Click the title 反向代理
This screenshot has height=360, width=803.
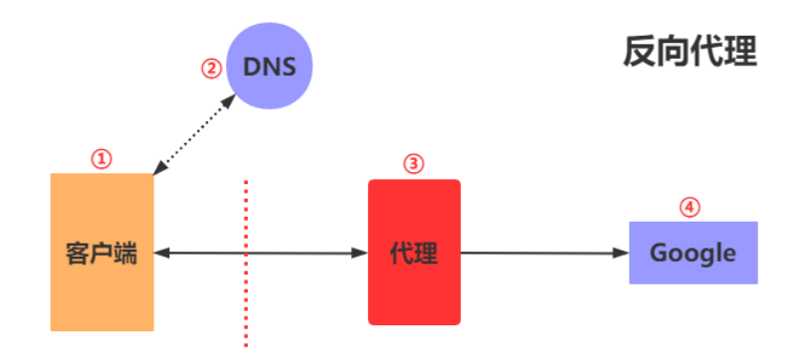690,52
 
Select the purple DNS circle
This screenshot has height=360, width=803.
271,68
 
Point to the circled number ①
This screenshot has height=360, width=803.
101,158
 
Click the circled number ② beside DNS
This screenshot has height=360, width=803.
210,70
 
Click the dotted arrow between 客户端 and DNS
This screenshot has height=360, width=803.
194,135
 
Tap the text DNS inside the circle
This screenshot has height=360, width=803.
271,68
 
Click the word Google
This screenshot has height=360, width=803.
694,253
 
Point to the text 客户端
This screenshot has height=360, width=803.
101,253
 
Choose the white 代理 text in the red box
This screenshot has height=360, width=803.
414,253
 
